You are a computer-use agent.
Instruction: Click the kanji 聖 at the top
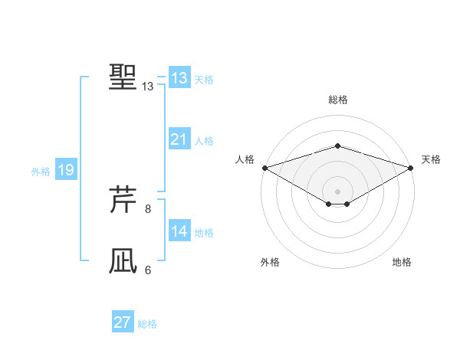click(123, 77)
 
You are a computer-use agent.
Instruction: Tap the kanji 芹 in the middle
click(123, 201)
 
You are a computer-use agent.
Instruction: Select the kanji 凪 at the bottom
click(123, 261)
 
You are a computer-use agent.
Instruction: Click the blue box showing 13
click(179, 78)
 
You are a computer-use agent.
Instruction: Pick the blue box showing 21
click(179, 139)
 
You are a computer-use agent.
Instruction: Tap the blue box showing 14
click(179, 231)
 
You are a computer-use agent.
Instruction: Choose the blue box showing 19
click(66, 170)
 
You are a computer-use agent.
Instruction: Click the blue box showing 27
click(123, 322)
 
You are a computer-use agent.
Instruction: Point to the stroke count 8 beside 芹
click(148, 208)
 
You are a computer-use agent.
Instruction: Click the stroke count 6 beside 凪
click(148, 270)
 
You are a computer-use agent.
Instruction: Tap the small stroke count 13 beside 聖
click(148, 87)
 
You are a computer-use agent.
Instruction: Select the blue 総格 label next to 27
click(147, 324)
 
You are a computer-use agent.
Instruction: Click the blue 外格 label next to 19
click(41, 172)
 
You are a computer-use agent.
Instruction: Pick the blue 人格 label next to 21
click(204, 141)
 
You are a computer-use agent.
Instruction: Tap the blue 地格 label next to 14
click(204, 233)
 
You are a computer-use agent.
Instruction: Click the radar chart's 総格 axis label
click(337, 100)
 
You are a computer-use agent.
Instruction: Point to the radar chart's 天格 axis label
click(431, 159)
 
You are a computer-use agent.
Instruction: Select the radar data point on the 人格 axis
click(264, 167)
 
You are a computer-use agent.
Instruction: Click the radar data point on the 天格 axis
click(410, 167)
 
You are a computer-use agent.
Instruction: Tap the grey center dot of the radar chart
click(337, 191)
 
